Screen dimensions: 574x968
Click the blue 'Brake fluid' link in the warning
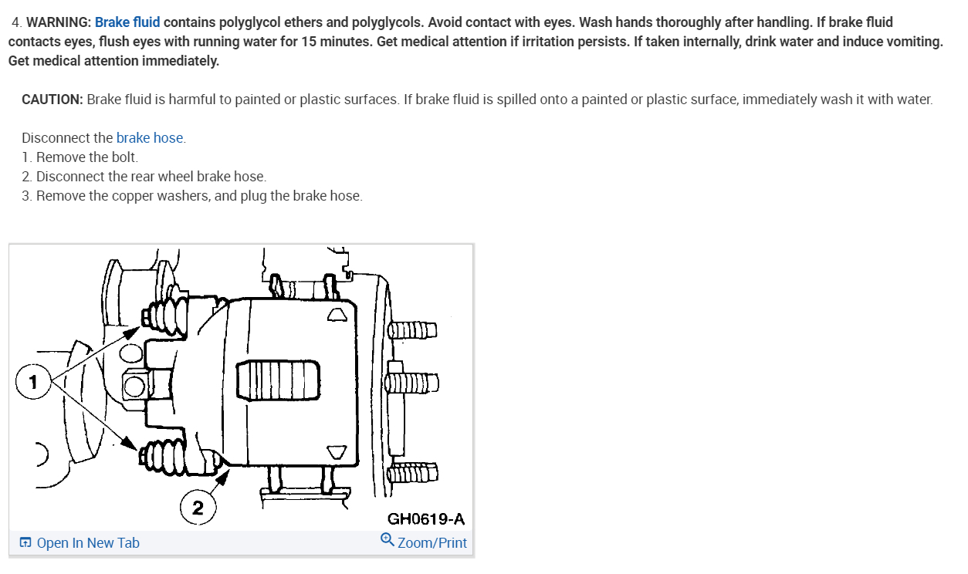click(x=127, y=22)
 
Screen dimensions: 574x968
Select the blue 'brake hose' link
click(x=150, y=138)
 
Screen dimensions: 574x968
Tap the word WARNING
click(x=59, y=22)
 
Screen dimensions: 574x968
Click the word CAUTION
click(x=52, y=100)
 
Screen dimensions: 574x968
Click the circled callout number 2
click(x=198, y=508)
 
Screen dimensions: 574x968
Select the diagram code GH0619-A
click(x=426, y=519)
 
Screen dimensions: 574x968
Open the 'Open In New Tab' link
click(x=88, y=543)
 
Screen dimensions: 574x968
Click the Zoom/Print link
click(x=432, y=543)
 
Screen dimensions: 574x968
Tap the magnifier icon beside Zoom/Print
click(x=388, y=540)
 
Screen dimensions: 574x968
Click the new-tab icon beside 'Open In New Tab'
click(x=25, y=543)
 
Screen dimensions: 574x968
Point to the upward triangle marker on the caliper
click(x=337, y=314)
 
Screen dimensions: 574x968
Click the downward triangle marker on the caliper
click(x=337, y=451)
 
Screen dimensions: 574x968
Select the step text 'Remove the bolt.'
click(x=87, y=157)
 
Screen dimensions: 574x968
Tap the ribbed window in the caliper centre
click(x=278, y=380)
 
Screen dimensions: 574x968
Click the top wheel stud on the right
click(x=412, y=330)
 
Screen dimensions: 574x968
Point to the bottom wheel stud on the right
click(x=412, y=472)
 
